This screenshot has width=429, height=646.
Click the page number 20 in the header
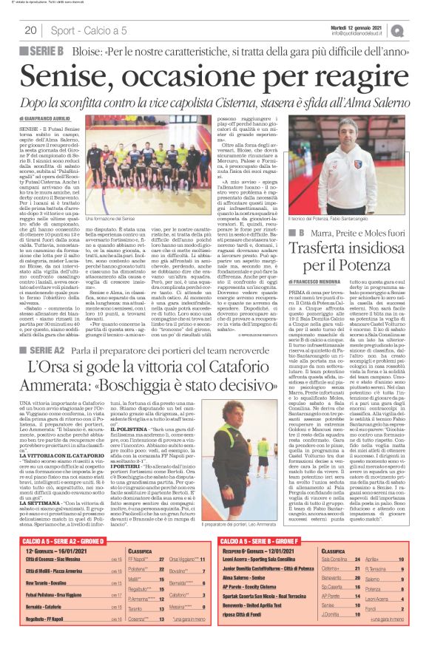pyautogui.click(x=30, y=30)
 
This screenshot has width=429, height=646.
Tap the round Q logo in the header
pyautogui.click(x=418, y=30)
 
